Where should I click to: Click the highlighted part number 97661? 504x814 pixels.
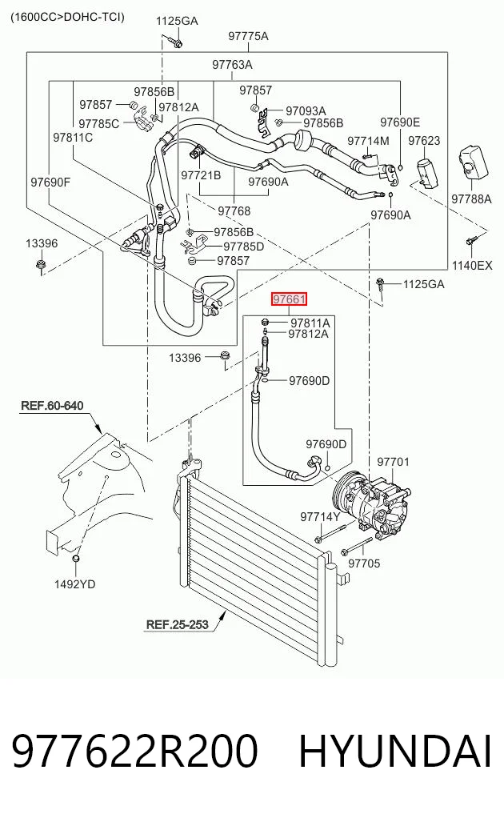pos(290,299)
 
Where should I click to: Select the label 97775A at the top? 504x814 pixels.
pos(248,36)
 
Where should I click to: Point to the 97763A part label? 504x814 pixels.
pos(232,65)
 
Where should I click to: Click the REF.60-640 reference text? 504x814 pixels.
pos(52,405)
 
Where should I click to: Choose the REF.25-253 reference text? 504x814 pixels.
pos(177,624)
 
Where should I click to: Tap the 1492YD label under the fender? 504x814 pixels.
pos(74,584)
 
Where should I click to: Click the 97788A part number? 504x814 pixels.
pos(471,198)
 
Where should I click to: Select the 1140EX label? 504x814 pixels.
pos(472,265)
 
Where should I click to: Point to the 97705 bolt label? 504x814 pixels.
pos(364,563)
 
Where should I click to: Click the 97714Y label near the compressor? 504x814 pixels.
pos(320,516)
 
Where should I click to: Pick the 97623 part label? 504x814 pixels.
pos(424,141)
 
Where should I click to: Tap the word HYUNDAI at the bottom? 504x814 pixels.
pos(394,752)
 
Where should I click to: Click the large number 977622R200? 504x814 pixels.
pos(134,752)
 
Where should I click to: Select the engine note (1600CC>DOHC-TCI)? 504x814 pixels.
pos(67,17)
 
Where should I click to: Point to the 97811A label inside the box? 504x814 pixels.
pos(310,323)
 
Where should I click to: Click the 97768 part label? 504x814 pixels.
pos(234,211)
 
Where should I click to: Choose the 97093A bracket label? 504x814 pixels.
pos(306,111)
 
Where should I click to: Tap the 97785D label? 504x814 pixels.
pos(244,246)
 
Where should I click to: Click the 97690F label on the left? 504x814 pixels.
pos(50,182)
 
